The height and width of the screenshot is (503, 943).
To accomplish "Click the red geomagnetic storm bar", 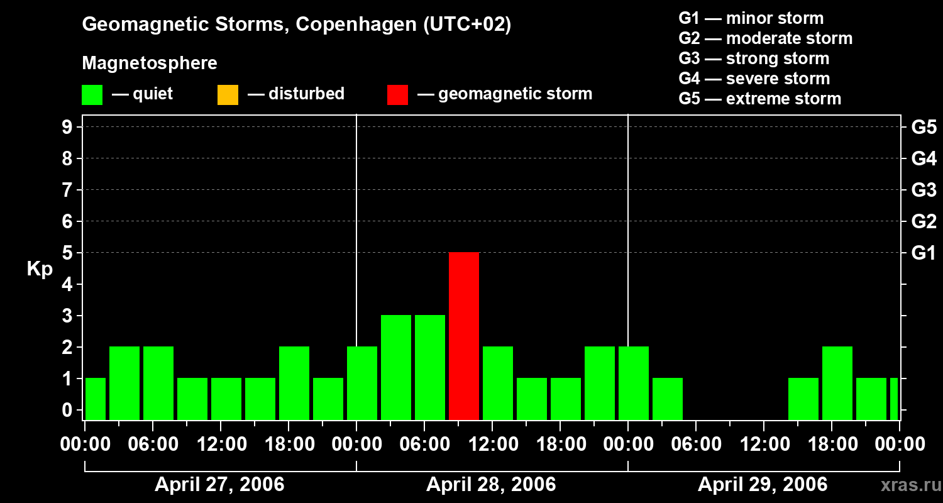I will click(464, 336).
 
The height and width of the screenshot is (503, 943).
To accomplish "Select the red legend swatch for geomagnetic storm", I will click(397, 95).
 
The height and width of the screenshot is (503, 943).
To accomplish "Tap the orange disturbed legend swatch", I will click(228, 95).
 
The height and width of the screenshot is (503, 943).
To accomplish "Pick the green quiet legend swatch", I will click(92, 95).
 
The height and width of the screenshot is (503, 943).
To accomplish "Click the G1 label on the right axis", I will click(924, 253).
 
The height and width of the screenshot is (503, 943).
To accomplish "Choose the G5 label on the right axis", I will click(924, 128).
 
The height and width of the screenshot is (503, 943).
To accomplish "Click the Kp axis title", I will click(40, 269).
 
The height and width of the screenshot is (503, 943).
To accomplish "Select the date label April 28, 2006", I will click(491, 485).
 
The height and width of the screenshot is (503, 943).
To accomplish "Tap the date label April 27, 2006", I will click(219, 485).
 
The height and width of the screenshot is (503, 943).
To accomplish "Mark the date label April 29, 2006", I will click(763, 485).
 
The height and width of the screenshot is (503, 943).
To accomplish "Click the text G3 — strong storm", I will click(754, 58).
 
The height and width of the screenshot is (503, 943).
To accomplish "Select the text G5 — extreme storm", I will click(759, 99).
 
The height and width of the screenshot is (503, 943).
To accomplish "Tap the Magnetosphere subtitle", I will click(150, 64).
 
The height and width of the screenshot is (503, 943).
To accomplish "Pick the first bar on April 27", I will click(96, 399).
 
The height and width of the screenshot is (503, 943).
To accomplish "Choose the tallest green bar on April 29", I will click(837, 383).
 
